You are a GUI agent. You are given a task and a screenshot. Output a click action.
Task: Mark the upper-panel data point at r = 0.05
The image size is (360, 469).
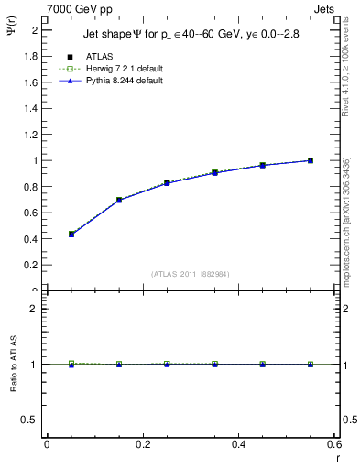point(71,234)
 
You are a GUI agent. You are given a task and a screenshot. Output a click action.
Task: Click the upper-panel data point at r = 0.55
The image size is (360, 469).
point(311,160)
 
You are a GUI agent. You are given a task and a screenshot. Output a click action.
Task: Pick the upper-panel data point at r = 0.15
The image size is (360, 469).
point(119,200)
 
